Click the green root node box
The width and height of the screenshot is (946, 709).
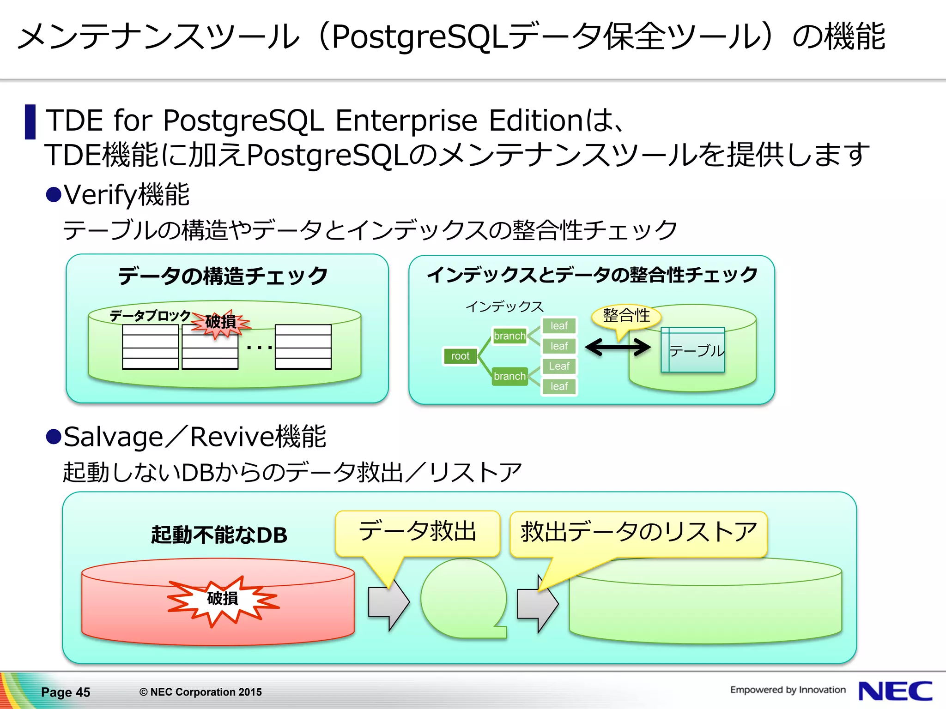[460, 356]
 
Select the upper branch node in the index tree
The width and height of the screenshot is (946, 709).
[509, 336]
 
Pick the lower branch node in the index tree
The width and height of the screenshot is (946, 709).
[509, 376]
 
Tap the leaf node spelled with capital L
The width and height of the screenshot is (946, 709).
[559, 366]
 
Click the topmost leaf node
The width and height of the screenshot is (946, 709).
[559, 326]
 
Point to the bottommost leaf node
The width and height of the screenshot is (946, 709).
[559, 386]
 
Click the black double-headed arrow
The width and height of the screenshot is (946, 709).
[618, 347]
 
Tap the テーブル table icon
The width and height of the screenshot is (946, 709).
[693, 350]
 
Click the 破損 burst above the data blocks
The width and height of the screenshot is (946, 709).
[221, 322]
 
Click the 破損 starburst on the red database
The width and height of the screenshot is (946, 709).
[223, 599]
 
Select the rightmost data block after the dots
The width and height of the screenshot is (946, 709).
[303, 347]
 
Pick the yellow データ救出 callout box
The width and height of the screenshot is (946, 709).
[418, 532]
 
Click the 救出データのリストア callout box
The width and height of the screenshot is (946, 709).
[638, 533]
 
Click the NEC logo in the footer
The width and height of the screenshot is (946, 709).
[895, 691]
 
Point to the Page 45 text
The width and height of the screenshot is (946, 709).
[66, 692]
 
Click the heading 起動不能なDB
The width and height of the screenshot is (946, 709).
[219, 535]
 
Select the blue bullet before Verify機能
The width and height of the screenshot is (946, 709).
[54, 194]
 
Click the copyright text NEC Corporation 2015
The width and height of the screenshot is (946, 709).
[200, 692]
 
